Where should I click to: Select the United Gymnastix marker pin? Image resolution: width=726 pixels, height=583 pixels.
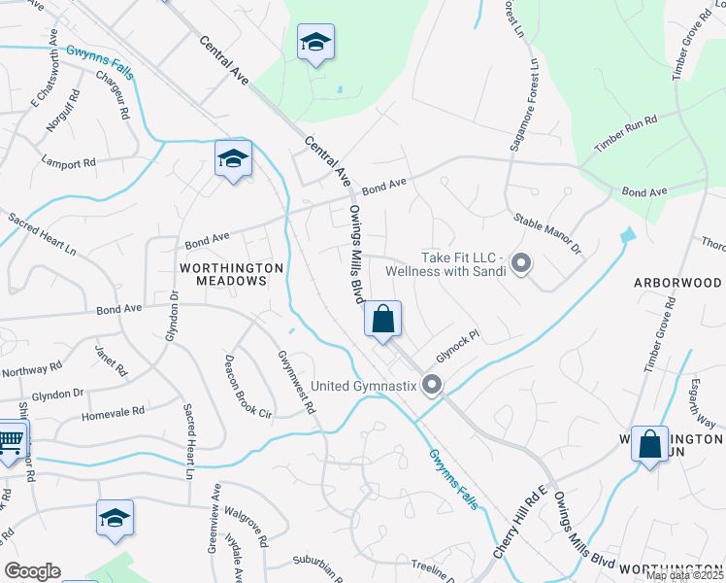(432, 385)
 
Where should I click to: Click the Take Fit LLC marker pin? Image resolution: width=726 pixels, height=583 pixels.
(521, 263)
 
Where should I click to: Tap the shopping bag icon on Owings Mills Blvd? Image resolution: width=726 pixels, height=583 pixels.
(383, 320)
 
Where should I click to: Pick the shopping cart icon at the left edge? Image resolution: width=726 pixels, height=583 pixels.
(9, 442)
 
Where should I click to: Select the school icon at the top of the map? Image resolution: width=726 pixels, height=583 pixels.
(315, 43)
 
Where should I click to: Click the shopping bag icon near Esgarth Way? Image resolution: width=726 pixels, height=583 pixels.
(649, 444)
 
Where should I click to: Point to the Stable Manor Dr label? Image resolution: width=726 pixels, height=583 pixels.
(547, 234)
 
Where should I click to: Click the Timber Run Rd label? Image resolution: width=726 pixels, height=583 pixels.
(626, 131)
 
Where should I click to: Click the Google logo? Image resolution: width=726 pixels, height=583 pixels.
(32, 571)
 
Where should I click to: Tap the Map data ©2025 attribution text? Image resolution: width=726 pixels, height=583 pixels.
(684, 576)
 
